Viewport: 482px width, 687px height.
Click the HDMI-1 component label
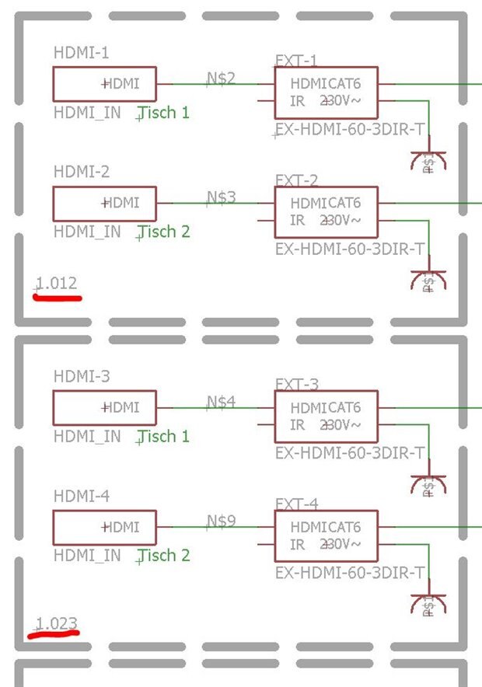[81, 53]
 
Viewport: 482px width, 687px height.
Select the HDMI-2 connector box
[104, 204]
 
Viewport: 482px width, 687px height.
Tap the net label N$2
[221, 78]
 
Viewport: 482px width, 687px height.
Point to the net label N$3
[221, 197]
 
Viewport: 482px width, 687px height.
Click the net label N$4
[221, 402]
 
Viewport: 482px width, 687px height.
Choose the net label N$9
[221, 521]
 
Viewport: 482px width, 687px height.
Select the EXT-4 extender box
[326, 536]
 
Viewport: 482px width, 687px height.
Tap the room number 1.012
[57, 284]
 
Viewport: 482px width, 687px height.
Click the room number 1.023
[57, 622]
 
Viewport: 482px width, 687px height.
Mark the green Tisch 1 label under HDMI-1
[163, 113]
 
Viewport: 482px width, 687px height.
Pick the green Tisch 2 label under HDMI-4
[163, 556]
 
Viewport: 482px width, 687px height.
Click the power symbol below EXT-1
[428, 162]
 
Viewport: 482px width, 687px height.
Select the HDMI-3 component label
[82, 377]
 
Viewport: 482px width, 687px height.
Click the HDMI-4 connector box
[104, 528]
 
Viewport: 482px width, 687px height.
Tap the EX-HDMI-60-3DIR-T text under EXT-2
[350, 249]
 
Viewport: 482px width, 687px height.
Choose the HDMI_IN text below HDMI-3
[87, 437]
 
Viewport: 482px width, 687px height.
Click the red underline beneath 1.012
[57, 296]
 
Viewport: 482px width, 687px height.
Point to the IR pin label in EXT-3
[297, 425]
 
